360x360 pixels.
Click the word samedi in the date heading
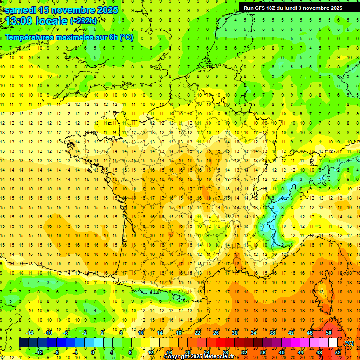point(21,10)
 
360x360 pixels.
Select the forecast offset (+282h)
point(83,21)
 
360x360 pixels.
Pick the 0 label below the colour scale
point(93,352)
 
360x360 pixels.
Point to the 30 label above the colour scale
point(234,333)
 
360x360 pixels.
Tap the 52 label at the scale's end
point(337,352)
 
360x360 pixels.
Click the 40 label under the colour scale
point(282,352)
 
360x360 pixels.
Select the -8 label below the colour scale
point(56,352)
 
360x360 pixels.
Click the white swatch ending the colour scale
point(333,343)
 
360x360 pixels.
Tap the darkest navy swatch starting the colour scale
point(23,343)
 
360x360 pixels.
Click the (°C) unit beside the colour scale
point(349,343)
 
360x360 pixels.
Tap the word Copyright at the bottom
point(177,357)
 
